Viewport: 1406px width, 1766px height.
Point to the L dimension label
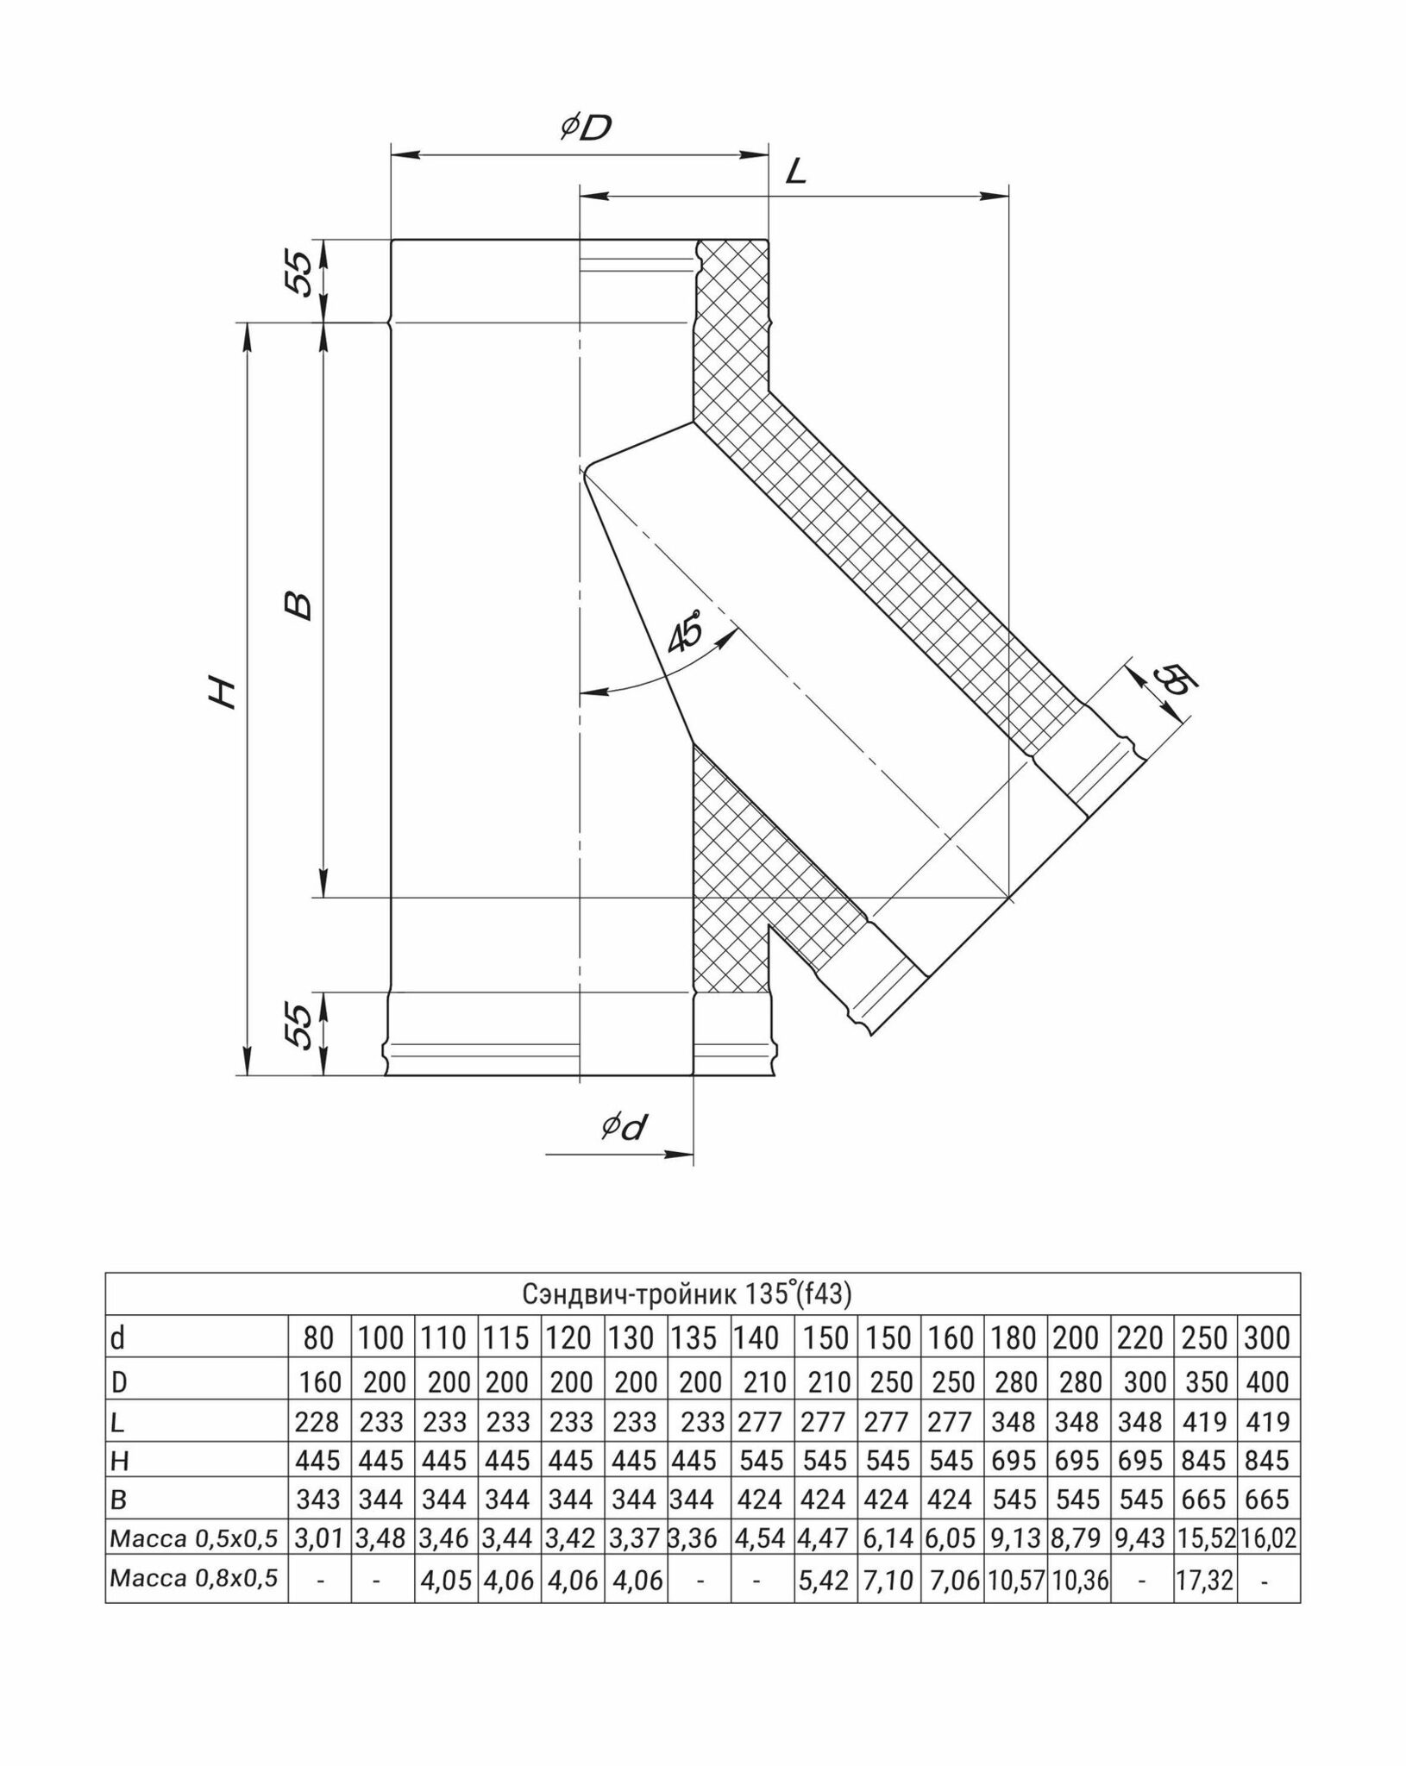[x=795, y=172]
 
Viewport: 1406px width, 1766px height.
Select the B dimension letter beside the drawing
[x=298, y=605]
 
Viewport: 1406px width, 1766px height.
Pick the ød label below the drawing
[x=625, y=1127]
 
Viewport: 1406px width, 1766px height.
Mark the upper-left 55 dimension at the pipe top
[x=298, y=274]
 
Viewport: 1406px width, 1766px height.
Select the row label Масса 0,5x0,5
[x=194, y=1537]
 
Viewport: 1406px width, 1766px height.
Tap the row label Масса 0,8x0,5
[x=194, y=1578]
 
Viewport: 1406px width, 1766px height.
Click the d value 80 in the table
[x=318, y=1338]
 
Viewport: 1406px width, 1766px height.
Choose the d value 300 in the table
[x=1267, y=1338]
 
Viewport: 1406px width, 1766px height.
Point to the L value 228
[x=318, y=1421]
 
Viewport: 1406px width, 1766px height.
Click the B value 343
[x=318, y=1499]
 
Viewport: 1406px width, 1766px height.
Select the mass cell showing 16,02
[x=1267, y=1537]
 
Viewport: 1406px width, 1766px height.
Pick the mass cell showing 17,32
[x=1204, y=1579]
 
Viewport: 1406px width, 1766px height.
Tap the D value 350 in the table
[x=1204, y=1382]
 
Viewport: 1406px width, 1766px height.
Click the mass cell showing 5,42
[x=824, y=1579]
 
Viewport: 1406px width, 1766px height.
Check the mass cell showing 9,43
[x=1141, y=1537]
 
